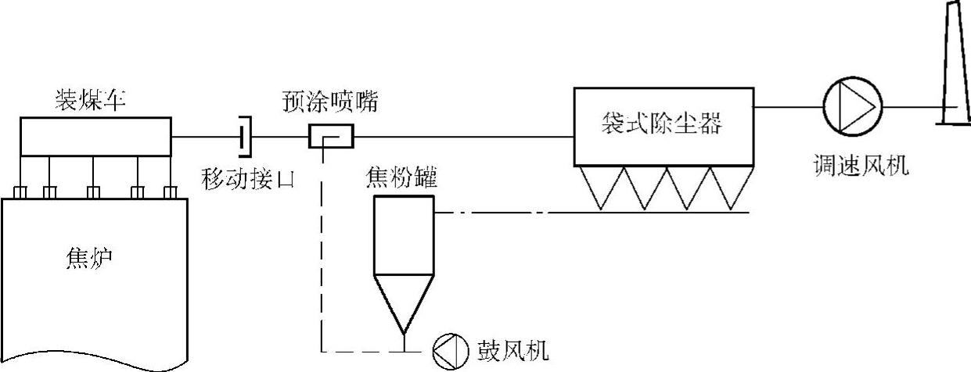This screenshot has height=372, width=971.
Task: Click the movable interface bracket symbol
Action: pos(246,138)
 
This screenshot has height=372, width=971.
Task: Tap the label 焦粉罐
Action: pos(401,178)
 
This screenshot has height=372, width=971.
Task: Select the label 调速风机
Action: pos(860,165)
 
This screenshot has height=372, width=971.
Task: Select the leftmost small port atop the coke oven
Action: pos(21,191)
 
